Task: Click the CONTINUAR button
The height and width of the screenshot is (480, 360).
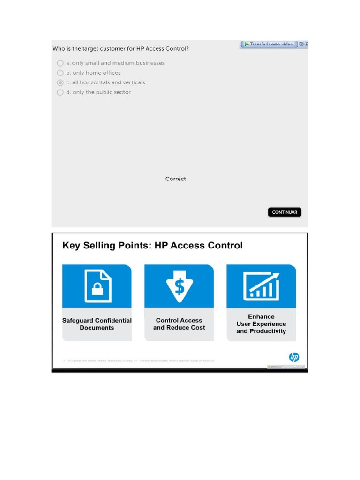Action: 285,212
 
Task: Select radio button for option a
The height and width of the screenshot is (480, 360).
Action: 60,63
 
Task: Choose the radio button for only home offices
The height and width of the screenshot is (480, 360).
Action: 60,73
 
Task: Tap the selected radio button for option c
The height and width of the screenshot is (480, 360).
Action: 60,82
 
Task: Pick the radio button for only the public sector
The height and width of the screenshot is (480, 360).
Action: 60,92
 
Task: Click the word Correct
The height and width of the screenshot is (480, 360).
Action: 175,179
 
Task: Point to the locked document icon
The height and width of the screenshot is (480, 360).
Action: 97,285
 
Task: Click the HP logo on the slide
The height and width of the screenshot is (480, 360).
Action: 294,357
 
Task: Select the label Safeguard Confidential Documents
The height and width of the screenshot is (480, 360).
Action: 97,324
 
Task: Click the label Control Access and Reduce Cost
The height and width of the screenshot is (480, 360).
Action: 179,324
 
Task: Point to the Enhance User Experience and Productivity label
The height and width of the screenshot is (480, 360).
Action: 261,324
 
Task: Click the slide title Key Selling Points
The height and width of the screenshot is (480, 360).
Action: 153,246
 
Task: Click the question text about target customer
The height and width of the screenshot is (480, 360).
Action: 120,48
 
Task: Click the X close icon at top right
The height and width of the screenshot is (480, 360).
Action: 307,44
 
